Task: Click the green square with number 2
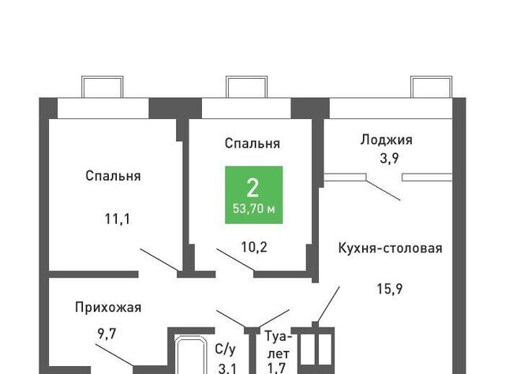point(254,195)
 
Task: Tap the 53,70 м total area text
point(254,209)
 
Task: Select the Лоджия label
point(386,140)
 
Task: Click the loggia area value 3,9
point(389,158)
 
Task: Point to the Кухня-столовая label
point(390,249)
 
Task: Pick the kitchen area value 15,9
point(390,289)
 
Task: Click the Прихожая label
point(108,307)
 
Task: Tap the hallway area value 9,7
point(107,334)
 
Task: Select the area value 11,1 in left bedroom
point(118,219)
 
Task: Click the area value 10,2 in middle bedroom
point(254,248)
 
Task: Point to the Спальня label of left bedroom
point(113,176)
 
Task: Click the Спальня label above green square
point(252,144)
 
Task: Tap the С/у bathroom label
point(225,350)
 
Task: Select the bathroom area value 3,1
point(227,368)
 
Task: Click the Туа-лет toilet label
point(279,346)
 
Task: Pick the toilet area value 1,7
point(277,368)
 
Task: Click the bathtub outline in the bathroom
point(190,337)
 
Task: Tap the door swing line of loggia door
point(383,190)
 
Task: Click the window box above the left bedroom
point(102,77)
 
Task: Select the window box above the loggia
point(432,77)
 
